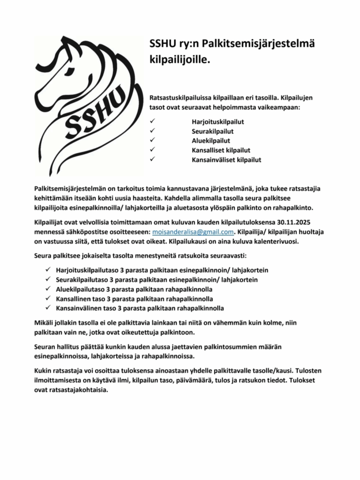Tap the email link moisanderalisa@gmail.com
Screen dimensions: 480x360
(193, 232)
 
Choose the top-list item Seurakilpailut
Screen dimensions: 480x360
(212, 131)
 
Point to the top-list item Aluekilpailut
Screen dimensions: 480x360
(210, 141)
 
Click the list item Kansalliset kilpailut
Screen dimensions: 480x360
(221, 150)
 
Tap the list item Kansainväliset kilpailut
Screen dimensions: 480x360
(226, 159)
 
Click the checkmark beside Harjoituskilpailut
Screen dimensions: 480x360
(152, 122)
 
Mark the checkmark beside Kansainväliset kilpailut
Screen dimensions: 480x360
(152, 159)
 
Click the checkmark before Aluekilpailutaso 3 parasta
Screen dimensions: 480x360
(48, 289)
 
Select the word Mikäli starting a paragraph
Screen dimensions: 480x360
(44, 323)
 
